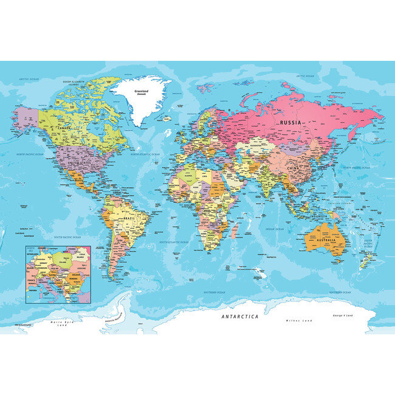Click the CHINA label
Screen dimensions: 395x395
coord(294,167)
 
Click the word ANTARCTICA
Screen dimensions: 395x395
coord(239,317)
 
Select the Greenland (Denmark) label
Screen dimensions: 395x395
coord(141,93)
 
